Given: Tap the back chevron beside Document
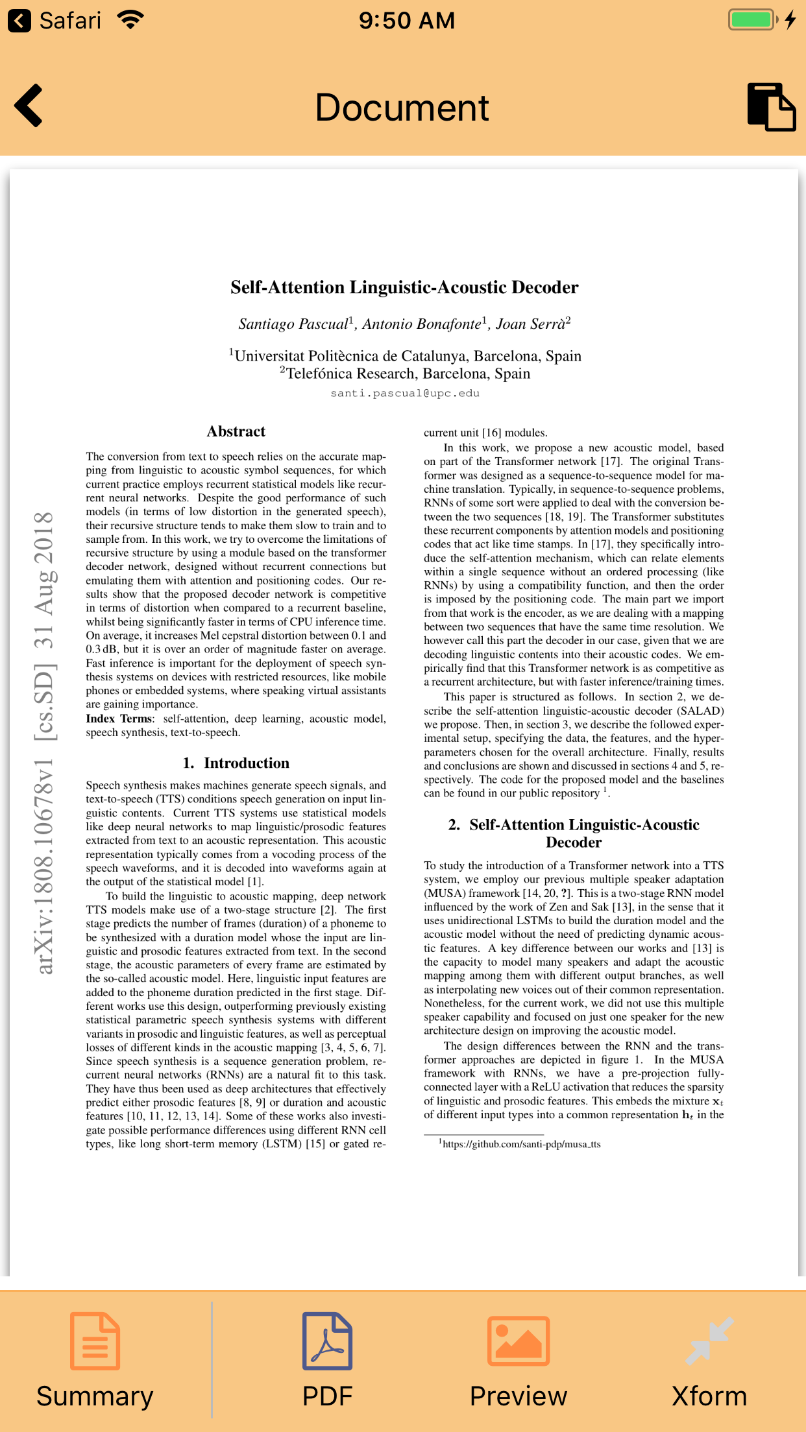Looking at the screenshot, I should tap(29, 106).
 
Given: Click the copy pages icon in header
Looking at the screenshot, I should tap(771, 107).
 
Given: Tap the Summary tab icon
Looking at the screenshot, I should tap(95, 1341).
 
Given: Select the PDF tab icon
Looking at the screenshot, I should tap(327, 1341).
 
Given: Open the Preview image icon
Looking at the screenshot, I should tap(519, 1341).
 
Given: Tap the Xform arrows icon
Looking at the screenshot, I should tap(709, 1341).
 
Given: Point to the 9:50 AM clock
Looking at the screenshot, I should tap(407, 20).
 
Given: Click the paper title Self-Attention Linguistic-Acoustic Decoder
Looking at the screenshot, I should tap(404, 287).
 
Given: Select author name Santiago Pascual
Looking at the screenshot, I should tap(293, 324).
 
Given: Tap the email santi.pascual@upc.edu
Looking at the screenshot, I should tap(405, 393).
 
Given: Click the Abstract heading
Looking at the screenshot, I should tap(236, 431).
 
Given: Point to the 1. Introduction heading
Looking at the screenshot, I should tap(236, 763).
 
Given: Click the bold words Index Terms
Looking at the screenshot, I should tap(119, 719).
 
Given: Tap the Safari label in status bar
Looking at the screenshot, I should tap(70, 20).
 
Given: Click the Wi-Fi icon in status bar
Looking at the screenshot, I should tap(131, 19).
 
